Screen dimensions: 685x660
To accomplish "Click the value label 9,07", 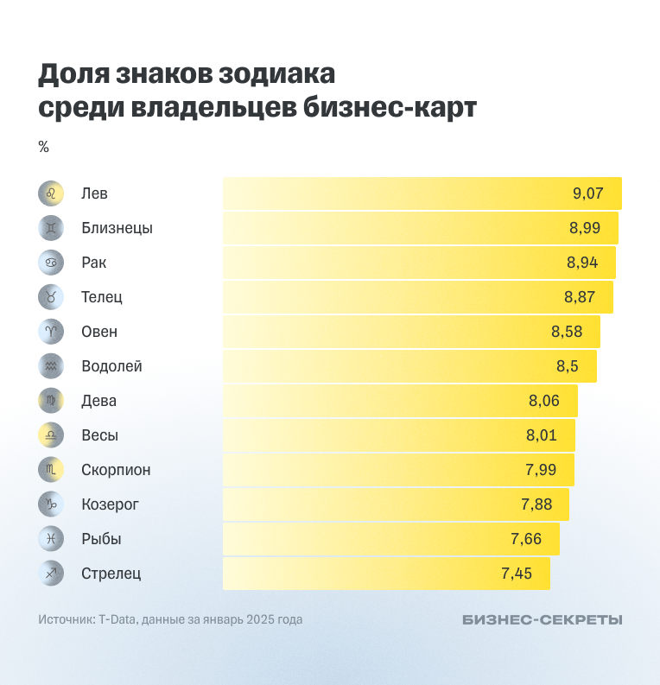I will pyautogui.click(x=587, y=193).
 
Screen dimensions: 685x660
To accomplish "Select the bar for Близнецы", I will pyautogui.click(x=420, y=228).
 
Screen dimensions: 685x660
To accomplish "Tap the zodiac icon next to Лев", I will pyautogui.click(x=51, y=193).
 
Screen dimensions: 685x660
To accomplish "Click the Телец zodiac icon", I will pyautogui.click(x=51, y=297).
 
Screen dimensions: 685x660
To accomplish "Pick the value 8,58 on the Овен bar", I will pyautogui.click(x=566, y=332).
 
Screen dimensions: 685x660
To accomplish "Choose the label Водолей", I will pyautogui.click(x=111, y=366).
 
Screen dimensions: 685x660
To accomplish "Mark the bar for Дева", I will pyautogui.click(x=399, y=401).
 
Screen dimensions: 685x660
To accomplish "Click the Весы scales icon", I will pyautogui.click(x=51, y=435).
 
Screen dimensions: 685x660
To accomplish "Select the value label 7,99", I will pyautogui.click(x=540, y=470).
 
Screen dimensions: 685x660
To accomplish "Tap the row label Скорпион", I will pyautogui.click(x=116, y=470).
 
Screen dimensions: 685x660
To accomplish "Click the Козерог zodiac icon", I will pyautogui.click(x=51, y=504).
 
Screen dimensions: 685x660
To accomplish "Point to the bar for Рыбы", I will pyautogui.click(x=390, y=539).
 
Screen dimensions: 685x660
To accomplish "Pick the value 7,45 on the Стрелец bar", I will pyautogui.click(x=516, y=574).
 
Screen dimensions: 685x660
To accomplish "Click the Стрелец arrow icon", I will pyautogui.click(x=51, y=574).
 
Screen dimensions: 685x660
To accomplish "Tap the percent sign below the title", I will pyautogui.click(x=43, y=147).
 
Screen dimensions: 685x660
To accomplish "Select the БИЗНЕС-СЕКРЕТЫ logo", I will pyautogui.click(x=542, y=619).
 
